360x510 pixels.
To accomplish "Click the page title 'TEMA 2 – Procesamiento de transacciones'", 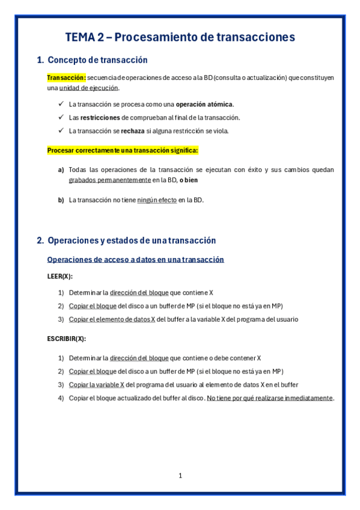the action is [180, 37].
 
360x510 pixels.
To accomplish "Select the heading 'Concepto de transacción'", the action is [97, 60].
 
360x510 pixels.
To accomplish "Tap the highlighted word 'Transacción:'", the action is [67, 78].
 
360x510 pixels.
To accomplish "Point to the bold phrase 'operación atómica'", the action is [204, 104].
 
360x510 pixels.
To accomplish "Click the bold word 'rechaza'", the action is [133, 131].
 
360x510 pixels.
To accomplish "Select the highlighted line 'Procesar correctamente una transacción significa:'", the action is [122, 150].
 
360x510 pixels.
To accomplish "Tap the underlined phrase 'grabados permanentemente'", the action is [109, 180].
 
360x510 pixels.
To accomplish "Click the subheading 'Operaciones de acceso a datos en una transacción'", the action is [135, 260].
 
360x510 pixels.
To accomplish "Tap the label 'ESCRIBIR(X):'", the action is [66, 339].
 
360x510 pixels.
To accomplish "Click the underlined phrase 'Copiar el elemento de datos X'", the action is [112, 319].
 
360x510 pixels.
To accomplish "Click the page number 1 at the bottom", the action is [180, 476].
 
